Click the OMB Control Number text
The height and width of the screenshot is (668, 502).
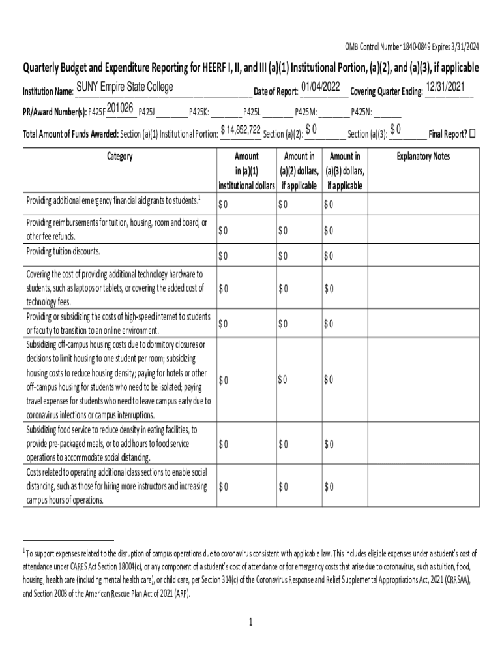point(411,46)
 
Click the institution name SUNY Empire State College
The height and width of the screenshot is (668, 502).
point(125,87)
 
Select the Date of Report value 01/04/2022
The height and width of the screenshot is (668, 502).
point(320,87)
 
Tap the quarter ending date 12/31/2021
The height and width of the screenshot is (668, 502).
point(447,87)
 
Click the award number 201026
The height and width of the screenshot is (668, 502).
point(120,108)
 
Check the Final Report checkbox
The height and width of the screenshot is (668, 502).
point(473,134)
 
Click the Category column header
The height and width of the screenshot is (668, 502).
point(118,157)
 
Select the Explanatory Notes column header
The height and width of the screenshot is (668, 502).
point(423,157)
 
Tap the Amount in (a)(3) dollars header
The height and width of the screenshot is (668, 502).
point(345,171)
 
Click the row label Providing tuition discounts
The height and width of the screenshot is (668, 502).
point(63,252)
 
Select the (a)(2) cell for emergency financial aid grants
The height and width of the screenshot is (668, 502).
point(299,205)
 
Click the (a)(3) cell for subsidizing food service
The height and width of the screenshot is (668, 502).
point(345,444)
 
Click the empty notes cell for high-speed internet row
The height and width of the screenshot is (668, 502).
point(423,324)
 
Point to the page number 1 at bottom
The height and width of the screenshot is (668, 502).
point(250,622)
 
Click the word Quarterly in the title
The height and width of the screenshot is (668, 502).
point(46,68)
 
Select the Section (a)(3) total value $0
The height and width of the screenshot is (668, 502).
point(395,129)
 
